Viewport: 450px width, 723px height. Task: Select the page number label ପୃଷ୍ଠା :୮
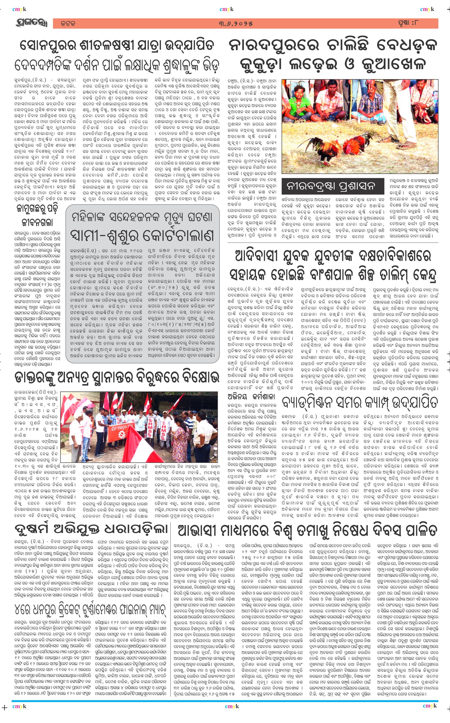point(408,23)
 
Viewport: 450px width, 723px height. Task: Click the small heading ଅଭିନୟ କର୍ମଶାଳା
point(251,397)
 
